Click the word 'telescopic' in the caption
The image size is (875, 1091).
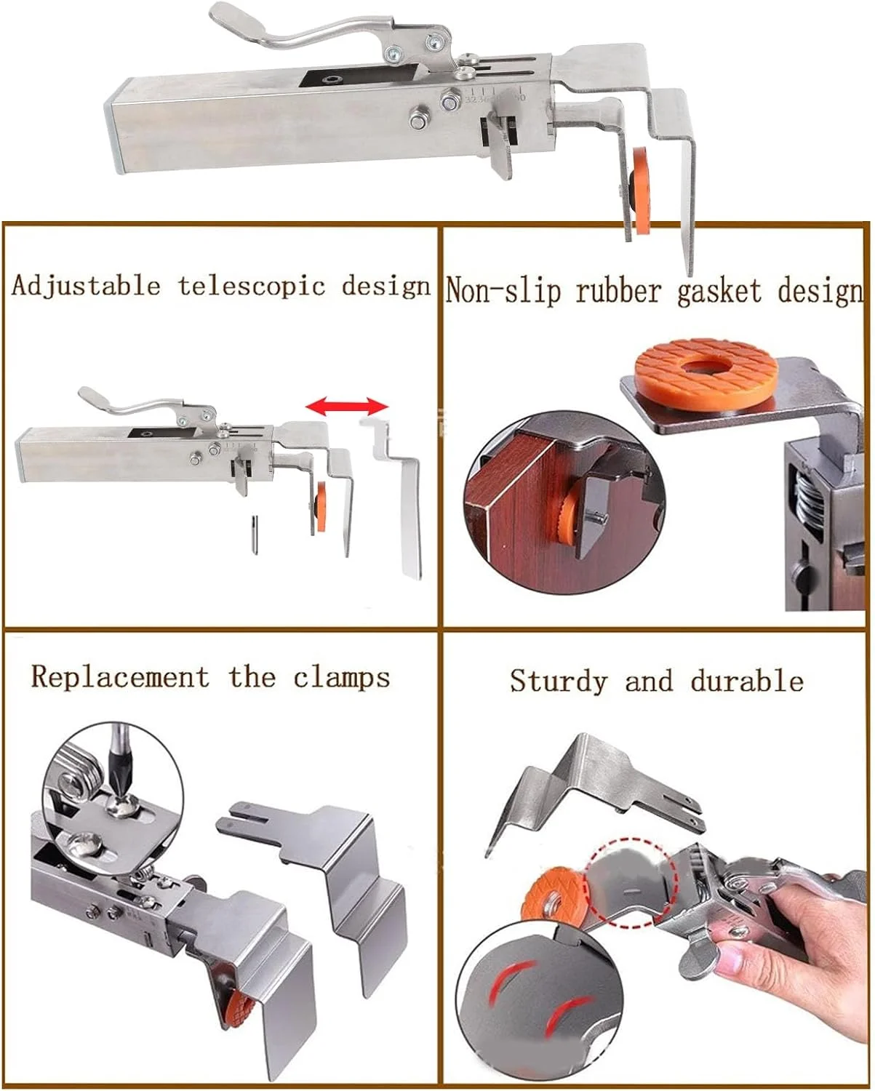[x=251, y=287]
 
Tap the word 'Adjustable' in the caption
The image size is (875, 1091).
[x=86, y=287]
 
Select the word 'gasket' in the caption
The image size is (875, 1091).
[x=719, y=292]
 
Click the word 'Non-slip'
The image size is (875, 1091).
[x=503, y=292]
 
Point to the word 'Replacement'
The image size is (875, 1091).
[x=120, y=677]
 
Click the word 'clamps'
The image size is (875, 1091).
[x=342, y=677]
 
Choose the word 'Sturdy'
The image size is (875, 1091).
[x=558, y=682]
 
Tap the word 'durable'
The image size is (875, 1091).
[x=747, y=680]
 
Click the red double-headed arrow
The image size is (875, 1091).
[x=347, y=406]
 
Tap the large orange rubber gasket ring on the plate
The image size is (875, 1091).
[x=706, y=371]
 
